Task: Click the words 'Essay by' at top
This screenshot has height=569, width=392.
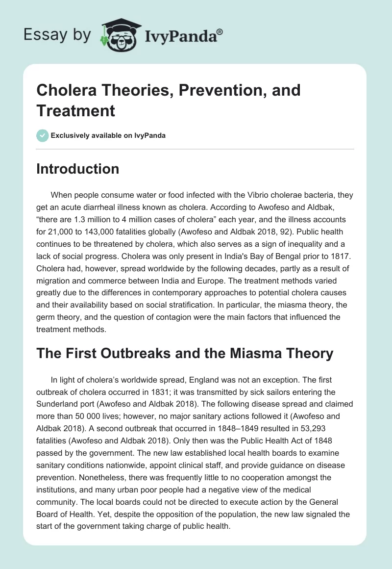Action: point(57,35)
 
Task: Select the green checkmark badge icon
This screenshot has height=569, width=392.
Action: point(43,135)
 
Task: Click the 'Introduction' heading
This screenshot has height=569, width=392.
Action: point(78,169)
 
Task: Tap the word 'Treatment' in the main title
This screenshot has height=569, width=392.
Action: point(76,110)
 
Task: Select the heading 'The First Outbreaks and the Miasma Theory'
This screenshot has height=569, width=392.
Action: point(185,353)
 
